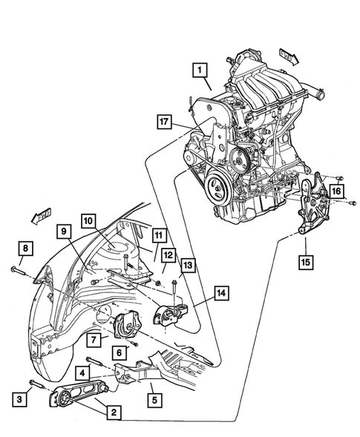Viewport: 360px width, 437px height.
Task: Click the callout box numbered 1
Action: tap(197, 71)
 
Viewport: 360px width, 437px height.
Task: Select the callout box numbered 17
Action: tap(165, 120)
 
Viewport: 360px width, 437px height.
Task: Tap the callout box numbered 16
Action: tap(338, 191)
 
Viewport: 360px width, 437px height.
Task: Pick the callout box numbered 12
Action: tap(168, 256)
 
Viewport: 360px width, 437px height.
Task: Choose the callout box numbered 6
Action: tap(118, 353)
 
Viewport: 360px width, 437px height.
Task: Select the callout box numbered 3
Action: tap(22, 401)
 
